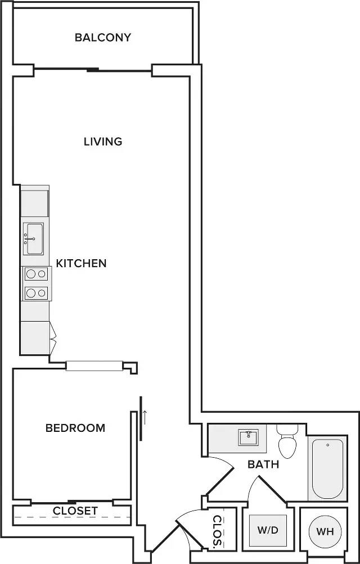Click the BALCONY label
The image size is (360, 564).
[103, 38]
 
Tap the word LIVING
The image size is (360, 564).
[103, 141]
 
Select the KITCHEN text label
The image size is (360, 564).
[81, 263]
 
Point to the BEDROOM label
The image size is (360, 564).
[75, 428]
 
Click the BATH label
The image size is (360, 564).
[264, 464]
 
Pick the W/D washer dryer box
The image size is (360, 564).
[268, 530]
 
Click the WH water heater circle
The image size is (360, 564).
[324, 531]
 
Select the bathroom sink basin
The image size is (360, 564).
[248, 437]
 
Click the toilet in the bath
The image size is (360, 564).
[287, 443]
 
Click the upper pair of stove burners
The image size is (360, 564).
[37, 274]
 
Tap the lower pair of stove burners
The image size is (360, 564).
[37, 292]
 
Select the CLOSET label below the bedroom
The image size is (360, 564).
[75, 511]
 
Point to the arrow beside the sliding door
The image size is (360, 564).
[145, 417]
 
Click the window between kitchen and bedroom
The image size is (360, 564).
[94, 366]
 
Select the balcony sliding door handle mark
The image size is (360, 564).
[93, 70]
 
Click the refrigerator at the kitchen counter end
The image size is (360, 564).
[35, 338]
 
